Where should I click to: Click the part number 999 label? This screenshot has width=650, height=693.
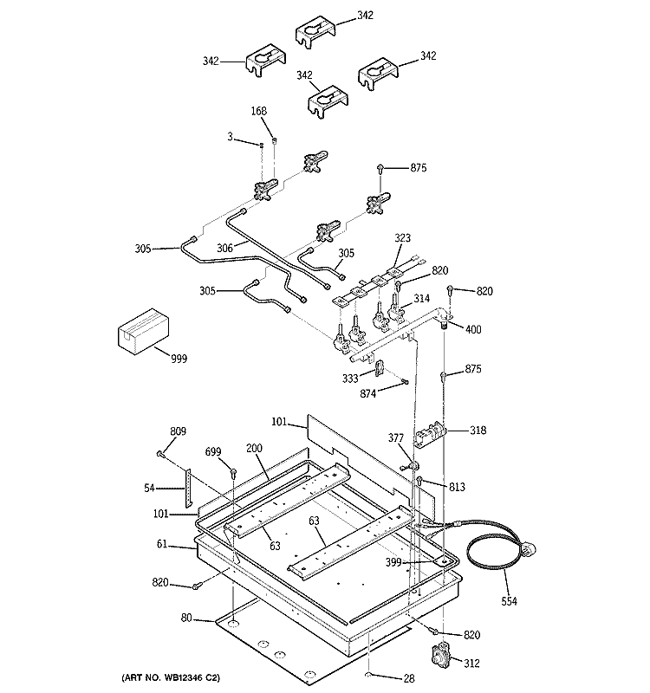click(x=179, y=359)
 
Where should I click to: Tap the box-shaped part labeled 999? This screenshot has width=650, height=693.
click(x=144, y=331)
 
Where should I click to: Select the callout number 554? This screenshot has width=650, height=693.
click(x=509, y=601)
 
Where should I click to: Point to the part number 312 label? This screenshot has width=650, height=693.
click(x=471, y=663)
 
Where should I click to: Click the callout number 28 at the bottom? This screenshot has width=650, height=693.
click(x=409, y=678)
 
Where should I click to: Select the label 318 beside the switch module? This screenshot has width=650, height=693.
click(x=478, y=430)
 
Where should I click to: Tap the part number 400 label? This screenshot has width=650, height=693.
click(x=473, y=329)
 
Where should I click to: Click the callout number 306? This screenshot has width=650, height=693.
click(x=224, y=249)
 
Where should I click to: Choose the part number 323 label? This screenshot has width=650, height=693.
click(x=402, y=237)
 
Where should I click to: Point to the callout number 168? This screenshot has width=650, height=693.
click(x=259, y=111)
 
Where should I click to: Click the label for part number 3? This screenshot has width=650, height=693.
click(x=230, y=137)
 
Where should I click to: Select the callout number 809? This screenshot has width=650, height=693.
click(x=179, y=431)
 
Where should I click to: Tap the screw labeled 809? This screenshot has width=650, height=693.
click(x=160, y=454)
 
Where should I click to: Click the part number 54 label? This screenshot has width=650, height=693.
click(x=149, y=488)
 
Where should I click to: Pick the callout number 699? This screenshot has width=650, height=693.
click(x=213, y=451)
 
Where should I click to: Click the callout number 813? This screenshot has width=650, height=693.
click(x=458, y=487)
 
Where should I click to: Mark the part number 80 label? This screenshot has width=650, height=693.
click(x=186, y=618)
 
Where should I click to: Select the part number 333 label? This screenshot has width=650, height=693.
click(x=350, y=379)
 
